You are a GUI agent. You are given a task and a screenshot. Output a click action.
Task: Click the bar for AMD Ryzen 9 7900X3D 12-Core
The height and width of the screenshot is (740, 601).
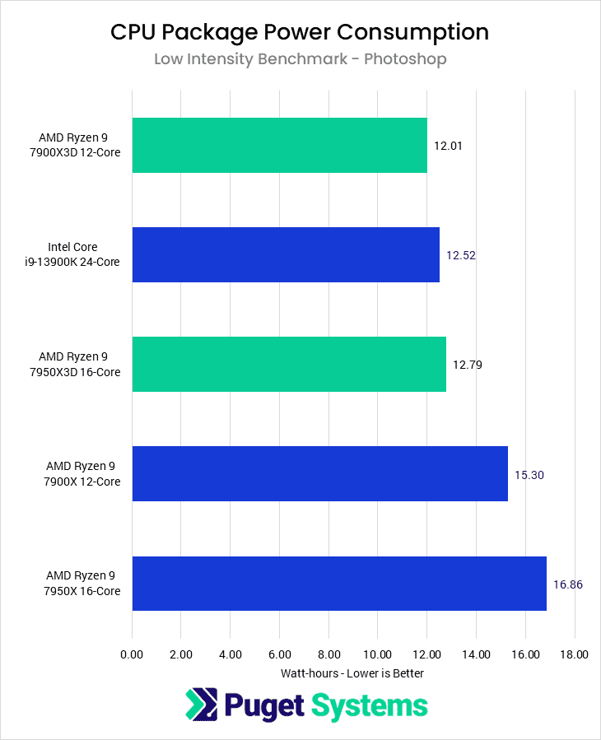click(x=279, y=145)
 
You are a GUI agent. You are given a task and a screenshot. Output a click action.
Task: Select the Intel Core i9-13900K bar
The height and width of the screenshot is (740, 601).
click(x=286, y=254)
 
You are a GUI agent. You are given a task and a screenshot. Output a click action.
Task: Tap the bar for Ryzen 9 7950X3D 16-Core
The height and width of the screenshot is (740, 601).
click(x=289, y=364)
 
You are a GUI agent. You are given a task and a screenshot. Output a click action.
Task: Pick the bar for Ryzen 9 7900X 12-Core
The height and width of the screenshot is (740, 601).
click(x=319, y=473)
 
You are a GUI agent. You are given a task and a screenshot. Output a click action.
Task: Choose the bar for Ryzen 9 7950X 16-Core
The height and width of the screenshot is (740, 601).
click(x=339, y=583)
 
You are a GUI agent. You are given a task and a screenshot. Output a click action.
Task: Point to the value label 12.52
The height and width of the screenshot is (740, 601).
click(x=461, y=255)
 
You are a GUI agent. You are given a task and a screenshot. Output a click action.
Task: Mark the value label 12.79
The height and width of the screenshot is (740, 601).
click(x=468, y=365)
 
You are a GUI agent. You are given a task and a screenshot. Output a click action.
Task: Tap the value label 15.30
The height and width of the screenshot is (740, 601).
click(x=529, y=474)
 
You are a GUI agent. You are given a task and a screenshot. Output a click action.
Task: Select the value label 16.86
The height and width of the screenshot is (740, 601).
click(x=569, y=584)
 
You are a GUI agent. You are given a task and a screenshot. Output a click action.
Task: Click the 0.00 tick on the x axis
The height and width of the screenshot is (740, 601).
click(x=132, y=655)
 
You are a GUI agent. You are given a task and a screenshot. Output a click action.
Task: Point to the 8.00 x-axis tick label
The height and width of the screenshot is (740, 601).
click(x=328, y=655)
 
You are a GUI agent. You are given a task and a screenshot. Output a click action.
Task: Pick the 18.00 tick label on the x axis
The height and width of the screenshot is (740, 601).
click(x=574, y=655)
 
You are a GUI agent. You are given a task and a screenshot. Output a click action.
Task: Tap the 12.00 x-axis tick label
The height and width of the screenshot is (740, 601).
click(x=426, y=655)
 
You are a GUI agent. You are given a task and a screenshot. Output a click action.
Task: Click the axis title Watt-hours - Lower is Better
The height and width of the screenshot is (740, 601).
click(x=352, y=673)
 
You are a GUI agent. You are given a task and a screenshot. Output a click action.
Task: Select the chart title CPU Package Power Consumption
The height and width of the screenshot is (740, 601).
click(x=300, y=32)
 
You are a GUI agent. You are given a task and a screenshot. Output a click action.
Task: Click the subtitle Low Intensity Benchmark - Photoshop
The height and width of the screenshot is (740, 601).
click(x=300, y=59)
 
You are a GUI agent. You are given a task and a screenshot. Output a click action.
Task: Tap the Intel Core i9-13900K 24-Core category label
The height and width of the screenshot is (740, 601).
click(x=84, y=254)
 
